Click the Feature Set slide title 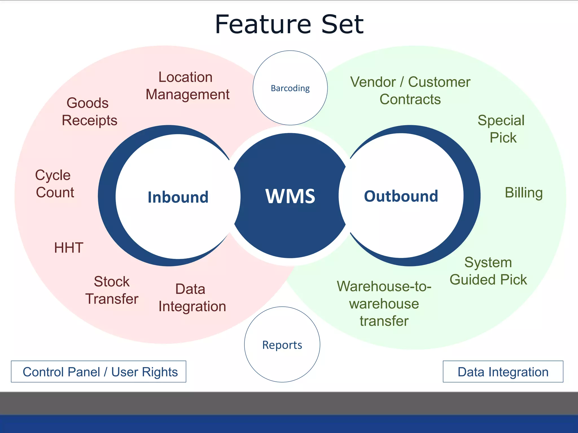tap(289, 25)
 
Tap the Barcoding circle tap(290, 88)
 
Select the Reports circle tap(282, 344)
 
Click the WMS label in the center tap(290, 196)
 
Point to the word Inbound tap(178, 197)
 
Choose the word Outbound tap(401, 196)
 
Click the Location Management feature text tap(187, 86)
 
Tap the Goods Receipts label tap(89, 112)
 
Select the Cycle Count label tap(54, 184)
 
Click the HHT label tap(69, 248)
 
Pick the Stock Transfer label tap(112, 290)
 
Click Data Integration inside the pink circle tap(192, 298)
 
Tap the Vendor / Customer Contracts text tap(410, 90)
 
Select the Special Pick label tap(502, 129)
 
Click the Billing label tap(524, 193)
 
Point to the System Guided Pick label tap(488, 271)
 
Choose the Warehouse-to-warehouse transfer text tap(384, 304)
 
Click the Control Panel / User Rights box tap(98, 372)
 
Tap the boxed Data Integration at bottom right tap(503, 372)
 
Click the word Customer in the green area tap(439, 82)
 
